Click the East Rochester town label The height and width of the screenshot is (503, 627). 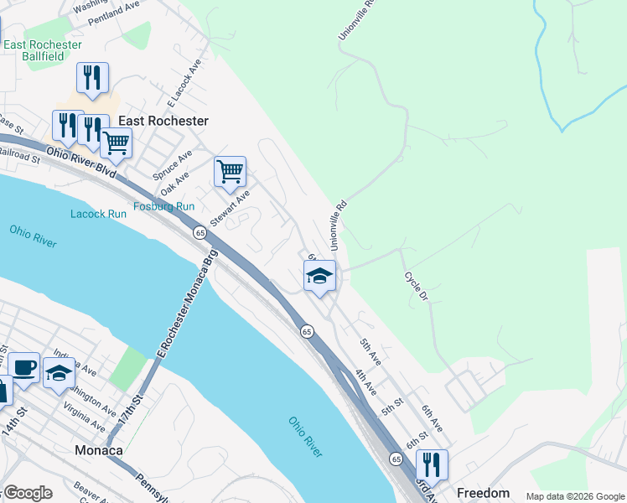click(163, 121)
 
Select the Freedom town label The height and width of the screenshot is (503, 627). click(482, 493)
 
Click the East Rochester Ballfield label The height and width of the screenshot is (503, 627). click(43, 51)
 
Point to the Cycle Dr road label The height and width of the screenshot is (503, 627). click(416, 288)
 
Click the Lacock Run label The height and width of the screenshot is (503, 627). click(98, 214)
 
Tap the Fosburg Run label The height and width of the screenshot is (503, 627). click(164, 206)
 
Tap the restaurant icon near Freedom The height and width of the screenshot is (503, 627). click(432, 464)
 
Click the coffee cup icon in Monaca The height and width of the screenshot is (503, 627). click(24, 367)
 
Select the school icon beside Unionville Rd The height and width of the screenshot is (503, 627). click(319, 276)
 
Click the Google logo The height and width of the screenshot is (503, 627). click(28, 493)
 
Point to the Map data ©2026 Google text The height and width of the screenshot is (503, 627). click(574, 496)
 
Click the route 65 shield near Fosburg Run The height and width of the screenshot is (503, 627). click(199, 232)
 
